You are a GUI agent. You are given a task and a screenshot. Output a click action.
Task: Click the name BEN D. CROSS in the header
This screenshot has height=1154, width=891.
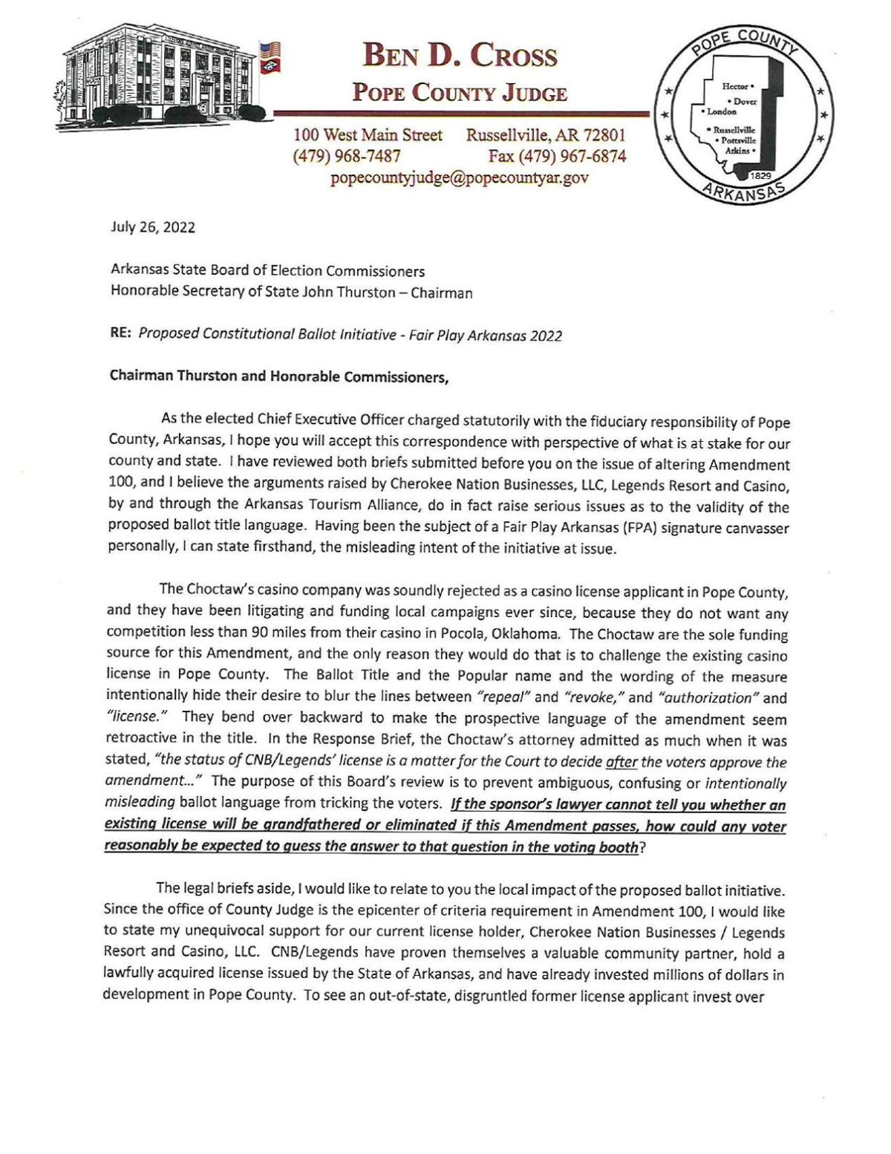[460, 56]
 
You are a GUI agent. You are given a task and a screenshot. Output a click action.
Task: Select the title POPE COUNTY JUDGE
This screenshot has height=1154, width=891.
[460, 94]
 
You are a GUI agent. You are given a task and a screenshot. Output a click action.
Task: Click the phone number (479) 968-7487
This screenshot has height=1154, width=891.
[348, 156]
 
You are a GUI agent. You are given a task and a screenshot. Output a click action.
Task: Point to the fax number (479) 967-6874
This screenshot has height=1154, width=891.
[557, 156]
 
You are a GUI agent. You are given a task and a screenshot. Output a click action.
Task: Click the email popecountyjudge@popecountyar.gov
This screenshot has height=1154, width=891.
[460, 178]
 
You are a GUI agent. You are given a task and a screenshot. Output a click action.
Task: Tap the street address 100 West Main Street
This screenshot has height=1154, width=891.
[368, 135]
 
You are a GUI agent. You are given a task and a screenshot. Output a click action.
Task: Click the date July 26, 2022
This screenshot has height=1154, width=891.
[153, 228]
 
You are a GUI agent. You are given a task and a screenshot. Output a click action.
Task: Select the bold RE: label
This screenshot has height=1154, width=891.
[121, 334]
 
